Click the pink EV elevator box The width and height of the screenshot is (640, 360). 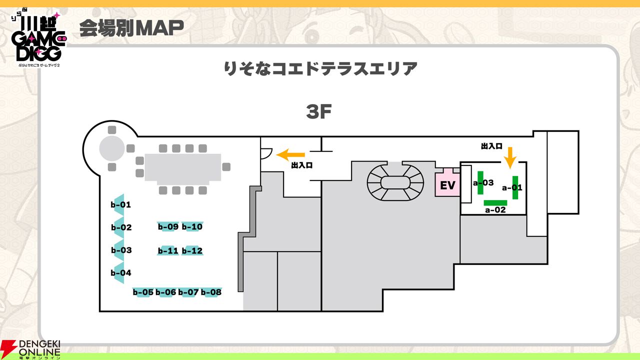pyautogui.click(x=447, y=185)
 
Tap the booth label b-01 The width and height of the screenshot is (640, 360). pyautogui.click(x=121, y=204)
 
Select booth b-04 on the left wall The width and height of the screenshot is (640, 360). pyautogui.click(x=120, y=273)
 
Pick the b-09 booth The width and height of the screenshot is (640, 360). pyautogui.click(x=168, y=226)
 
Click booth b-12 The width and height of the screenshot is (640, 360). pyautogui.click(x=192, y=250)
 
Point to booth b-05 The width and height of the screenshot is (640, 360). pyautogui.click(x=143, y=292)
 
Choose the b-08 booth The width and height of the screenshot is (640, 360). pyautogui.click(x=211, y=292)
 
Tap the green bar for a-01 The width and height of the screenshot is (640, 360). pyautogui.click(x=515, y=187)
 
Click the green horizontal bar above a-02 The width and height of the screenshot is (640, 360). pyautogui.click(x=495, y=202)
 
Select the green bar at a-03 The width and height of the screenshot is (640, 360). pyautogui.click(x=480, y=182)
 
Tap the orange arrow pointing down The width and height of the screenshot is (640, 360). pyautogui.click(x=509, y=157)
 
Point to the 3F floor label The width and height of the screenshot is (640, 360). pyautogui.click(x=319, y=112)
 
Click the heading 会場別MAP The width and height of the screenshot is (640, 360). pyautogui.click(x=131, y=29)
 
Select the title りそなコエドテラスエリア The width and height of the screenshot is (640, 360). pyautogui.click(x=320, y=68)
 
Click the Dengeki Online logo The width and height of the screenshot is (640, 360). pyautogui.click(x=31, y=349)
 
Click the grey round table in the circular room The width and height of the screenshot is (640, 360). pyautogui.click(x=112, y=148)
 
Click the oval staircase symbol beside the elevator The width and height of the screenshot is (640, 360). pyautogui.click(x=395, y=182)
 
